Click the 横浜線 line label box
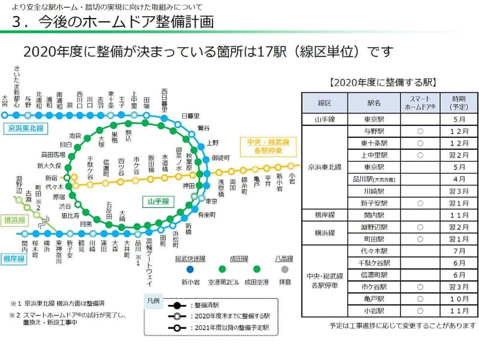(14, 220)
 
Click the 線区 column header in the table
(324, 103)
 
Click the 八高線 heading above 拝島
(284, 258)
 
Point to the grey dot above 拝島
(284, 270)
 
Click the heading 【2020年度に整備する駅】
(383, 81)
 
